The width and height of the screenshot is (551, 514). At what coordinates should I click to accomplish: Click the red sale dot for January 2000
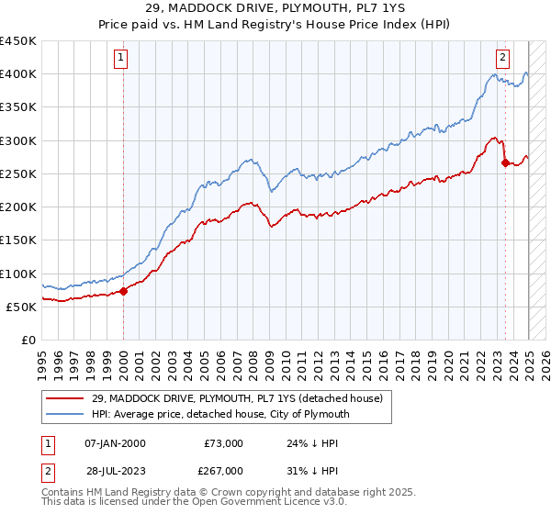click(x=124, y=292)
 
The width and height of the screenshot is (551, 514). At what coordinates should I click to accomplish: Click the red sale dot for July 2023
click(x=505, y=163)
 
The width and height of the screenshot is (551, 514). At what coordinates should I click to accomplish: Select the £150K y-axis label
click(x=17, y=240)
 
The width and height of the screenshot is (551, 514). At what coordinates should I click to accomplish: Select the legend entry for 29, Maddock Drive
click(x=242, y=397)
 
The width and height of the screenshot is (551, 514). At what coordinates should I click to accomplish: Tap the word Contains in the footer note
click(x=63, y=494)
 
